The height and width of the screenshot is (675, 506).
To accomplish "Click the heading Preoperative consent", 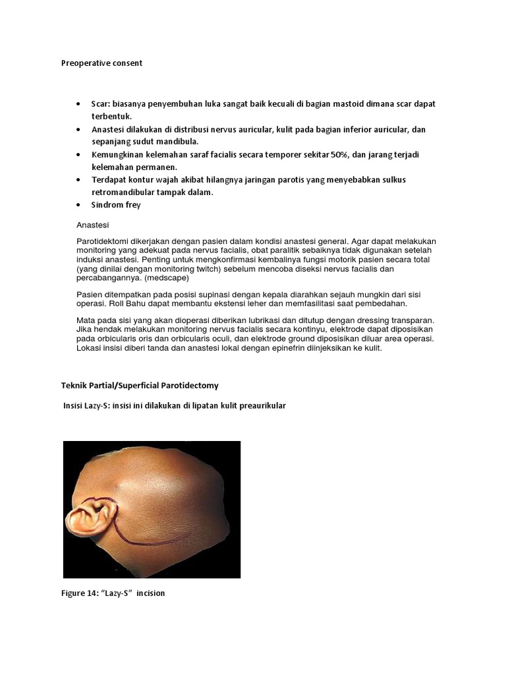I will point(101,63).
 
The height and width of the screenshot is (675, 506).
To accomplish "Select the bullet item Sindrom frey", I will point(116,205).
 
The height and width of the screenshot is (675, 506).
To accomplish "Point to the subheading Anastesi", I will point(92,225).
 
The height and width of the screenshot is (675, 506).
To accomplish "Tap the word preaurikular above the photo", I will point(262,406).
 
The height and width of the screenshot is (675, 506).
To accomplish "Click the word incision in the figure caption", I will point(150,593).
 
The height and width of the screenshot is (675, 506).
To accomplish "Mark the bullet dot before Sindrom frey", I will point(78,205).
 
